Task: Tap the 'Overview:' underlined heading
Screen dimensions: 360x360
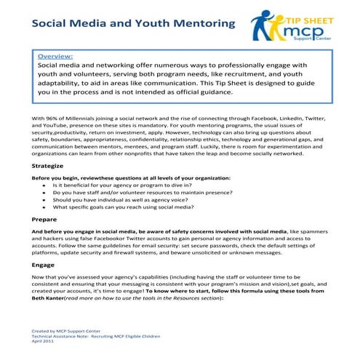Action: (x=57, y=55)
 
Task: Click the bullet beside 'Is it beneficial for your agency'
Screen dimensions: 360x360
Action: (x=45, y=186)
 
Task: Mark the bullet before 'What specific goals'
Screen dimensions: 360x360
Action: (x=45, y=207)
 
